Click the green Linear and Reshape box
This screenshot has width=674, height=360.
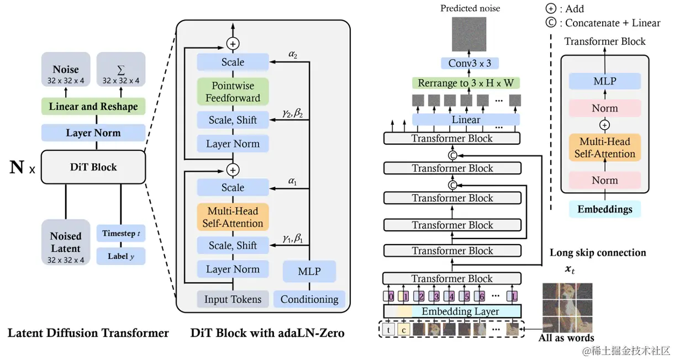pyautogui.click(x=93, y=106)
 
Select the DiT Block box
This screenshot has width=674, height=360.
pyautogui.click(x=93, y=166)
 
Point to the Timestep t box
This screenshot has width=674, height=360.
pyautogui.click(x=120, y=234)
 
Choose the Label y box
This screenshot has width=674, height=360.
pyautogui.click(x=120, y=256)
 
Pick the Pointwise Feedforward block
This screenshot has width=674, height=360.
pyautogui.click(x=233, y=92)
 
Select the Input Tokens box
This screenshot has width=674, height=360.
pyautogui.click(x=233, y=299)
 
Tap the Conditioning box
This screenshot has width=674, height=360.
pyautogui.click(x=309, y=299)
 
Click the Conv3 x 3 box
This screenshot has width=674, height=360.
pyautogui.click(x=470, y=63)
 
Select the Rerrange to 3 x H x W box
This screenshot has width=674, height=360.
pyautogui.click(x=466, y=83)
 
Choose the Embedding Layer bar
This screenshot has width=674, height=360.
pyautogui.click(x=460, y=311)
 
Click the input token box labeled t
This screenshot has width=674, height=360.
pyautogui.click(x=390, y=331)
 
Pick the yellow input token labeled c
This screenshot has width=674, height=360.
pyautogui.click(x=404, y=331)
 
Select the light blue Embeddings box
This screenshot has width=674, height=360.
pyautogui.click(x=604, y=209)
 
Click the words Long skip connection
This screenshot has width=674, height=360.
pyautogui.click(x=598, y=252)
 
